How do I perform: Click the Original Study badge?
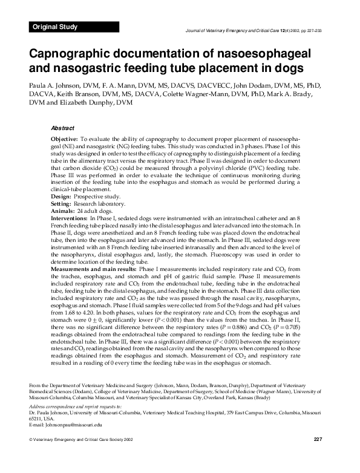pyautogui.click(x=55, y=27)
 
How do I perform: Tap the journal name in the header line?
pyautogui.click(x=230, y=30)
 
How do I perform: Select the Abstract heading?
pyautogui.click(x=63, y=128)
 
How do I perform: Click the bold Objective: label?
pyautogui.click(x=68, y=139)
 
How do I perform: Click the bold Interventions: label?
pyautogui.click(x=69, y=218)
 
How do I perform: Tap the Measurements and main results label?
pyautogui.click(x=94, y=268)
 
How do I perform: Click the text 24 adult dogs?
pyautogui.click(x=96, y=211)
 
